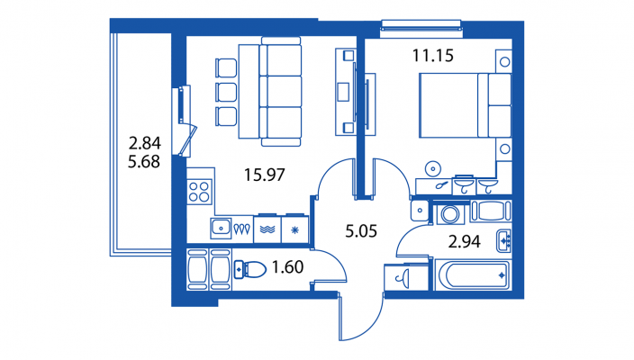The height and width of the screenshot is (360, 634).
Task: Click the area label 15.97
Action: [265, 175]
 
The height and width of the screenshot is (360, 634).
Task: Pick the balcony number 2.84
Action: [144, 142]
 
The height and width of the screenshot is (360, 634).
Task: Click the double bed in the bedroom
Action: [464, 104]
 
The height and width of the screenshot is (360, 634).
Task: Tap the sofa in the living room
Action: [281, 90]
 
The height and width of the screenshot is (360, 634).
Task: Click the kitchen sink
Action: [221, 228]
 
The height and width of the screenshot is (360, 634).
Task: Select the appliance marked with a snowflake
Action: [294, 229]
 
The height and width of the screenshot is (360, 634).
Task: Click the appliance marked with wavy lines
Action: [268, 229]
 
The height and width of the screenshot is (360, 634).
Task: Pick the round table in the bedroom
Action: [433, 166]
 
